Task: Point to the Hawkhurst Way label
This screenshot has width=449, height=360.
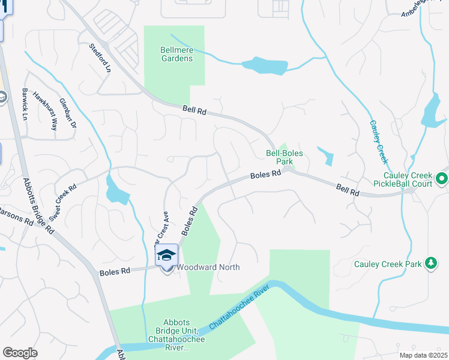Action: pos(45,110)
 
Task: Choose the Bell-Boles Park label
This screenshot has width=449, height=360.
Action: pos(284,157)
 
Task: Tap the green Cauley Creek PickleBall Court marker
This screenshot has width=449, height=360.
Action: pos(442,178)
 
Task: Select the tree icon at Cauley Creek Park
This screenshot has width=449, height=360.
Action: pos(430,263)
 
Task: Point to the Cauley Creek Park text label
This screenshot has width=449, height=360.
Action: pos(388,263)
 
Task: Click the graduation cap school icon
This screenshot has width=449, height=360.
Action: pos(166,256)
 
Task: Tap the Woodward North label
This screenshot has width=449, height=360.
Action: pos(208,267)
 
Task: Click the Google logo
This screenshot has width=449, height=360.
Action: pos(20,353)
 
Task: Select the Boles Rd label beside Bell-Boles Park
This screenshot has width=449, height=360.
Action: pos(266,175)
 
